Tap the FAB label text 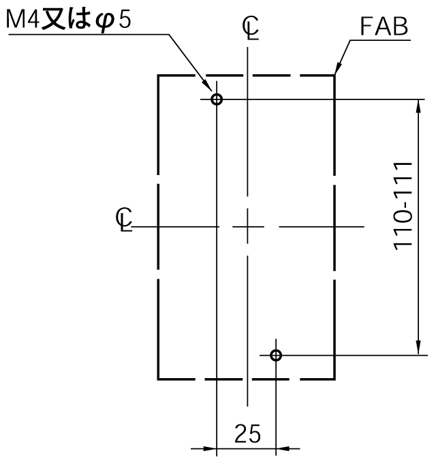384,27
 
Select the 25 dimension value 247,434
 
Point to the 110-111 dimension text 403,206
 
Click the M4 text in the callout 22,20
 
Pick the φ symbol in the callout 105,22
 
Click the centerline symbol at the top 251,28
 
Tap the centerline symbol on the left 124,219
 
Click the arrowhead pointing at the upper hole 207,85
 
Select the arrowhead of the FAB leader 338,68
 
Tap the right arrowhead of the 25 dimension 283,448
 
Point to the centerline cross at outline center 247,227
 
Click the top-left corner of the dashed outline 158,76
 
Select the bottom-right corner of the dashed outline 334,379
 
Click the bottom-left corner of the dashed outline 158,379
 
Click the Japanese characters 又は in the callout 66,20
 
